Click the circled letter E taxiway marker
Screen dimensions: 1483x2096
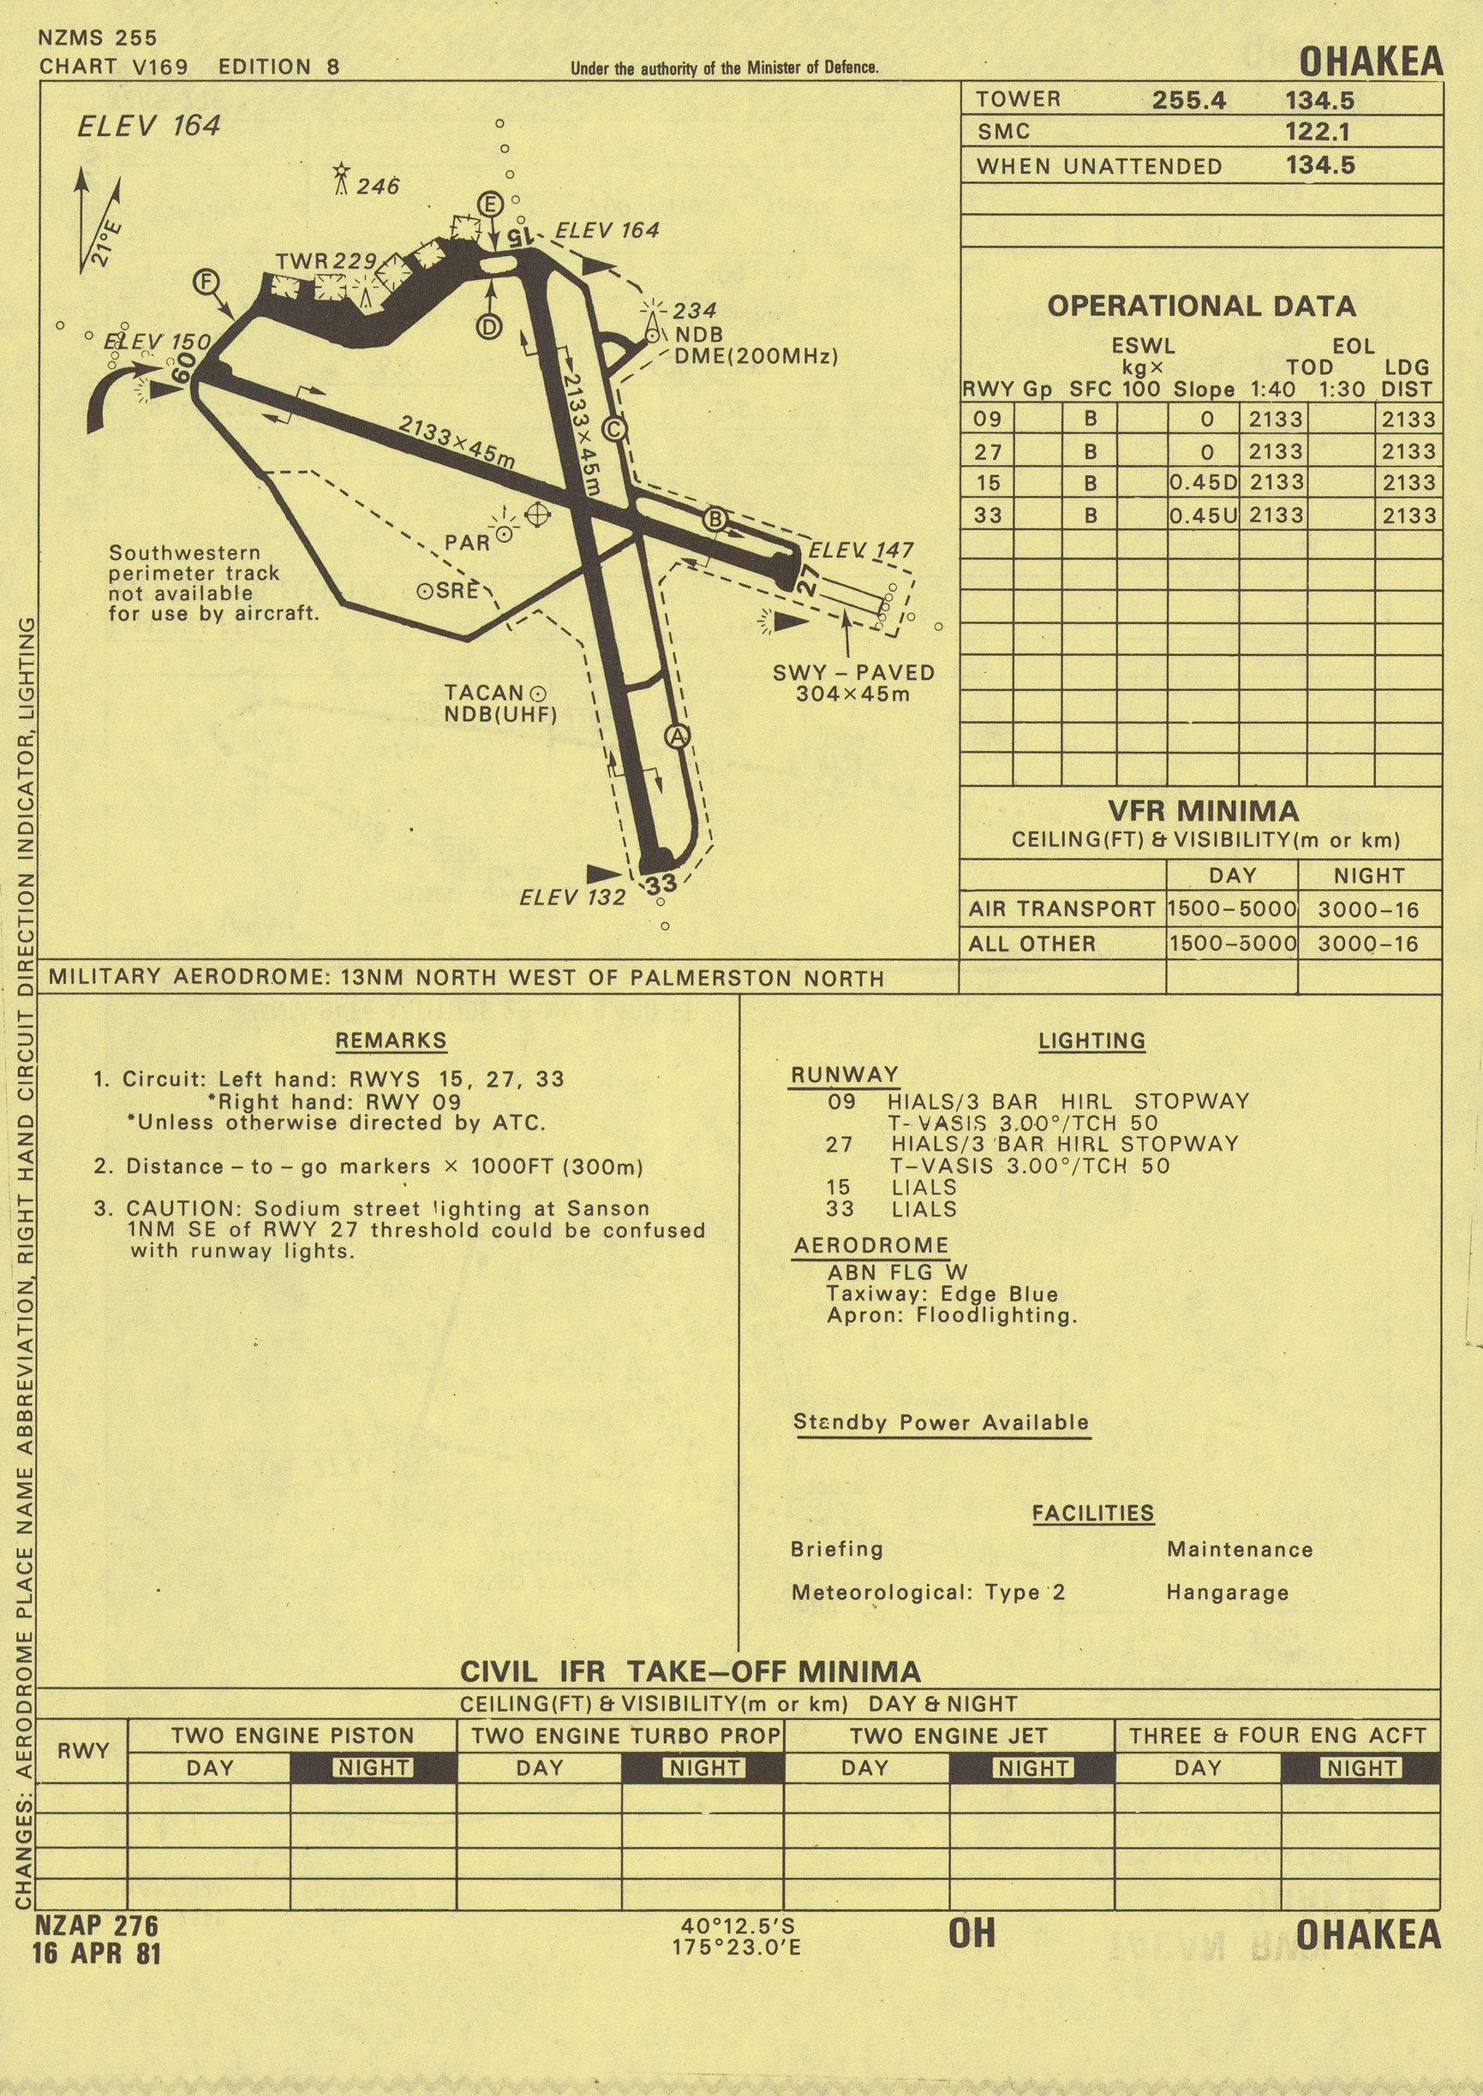tap(490, 204)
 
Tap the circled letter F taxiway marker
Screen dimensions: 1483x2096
tap(206, 281)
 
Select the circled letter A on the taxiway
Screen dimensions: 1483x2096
tap(677, 735)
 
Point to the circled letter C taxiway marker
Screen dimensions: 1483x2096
tap(614, 428)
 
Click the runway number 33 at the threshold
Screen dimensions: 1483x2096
tap(661, 884)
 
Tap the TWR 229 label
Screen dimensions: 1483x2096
tap(326, 261)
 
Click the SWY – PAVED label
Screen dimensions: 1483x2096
tap(853, 673)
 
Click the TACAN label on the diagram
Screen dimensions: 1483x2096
tap(484, 693)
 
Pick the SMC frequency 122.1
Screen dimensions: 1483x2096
tap(1318, 132)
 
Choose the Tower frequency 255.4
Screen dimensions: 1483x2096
tap(1189, 99)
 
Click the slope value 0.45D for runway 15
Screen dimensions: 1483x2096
tap(1204, 482)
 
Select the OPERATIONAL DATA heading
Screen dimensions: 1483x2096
tap(1202, 306)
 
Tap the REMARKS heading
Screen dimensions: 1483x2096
tap(391, 1040)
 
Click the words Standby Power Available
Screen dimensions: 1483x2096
tap(941, 1422)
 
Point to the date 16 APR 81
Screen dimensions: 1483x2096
tap(97, 1953)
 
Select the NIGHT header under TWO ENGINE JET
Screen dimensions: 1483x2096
tap(1033, 1768)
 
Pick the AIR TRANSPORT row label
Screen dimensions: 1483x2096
tap(1062, 909)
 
